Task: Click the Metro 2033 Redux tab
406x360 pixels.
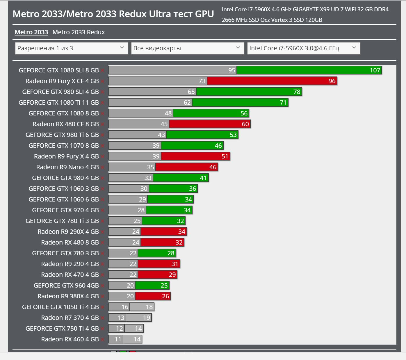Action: (79, 32)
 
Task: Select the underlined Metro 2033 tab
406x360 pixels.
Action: (31, 32)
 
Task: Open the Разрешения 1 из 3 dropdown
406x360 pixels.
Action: (71, 48)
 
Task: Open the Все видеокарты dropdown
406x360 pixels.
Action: (187, 48)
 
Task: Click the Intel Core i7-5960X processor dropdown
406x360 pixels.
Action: (303, 48)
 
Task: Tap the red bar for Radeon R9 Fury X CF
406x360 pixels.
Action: (272, 81)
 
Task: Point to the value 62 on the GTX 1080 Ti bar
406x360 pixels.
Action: (187, 103)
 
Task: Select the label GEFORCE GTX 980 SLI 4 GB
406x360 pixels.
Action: (60, 92)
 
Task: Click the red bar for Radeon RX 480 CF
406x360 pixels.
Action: (209, 124)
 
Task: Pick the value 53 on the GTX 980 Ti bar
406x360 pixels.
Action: (233, 135)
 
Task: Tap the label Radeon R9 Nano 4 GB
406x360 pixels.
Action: (67, 167)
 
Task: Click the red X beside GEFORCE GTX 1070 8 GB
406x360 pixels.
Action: (102, 146)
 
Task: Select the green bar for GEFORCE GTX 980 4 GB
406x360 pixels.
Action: (181, 178)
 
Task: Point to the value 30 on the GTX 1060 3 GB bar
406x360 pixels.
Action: (144, 189)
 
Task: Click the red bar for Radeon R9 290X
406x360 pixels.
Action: (164, 232)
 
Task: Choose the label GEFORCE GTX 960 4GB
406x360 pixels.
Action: (66, 286)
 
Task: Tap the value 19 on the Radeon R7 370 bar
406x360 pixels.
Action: (147, 318)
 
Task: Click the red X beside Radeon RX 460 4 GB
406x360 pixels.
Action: (102, 340)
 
